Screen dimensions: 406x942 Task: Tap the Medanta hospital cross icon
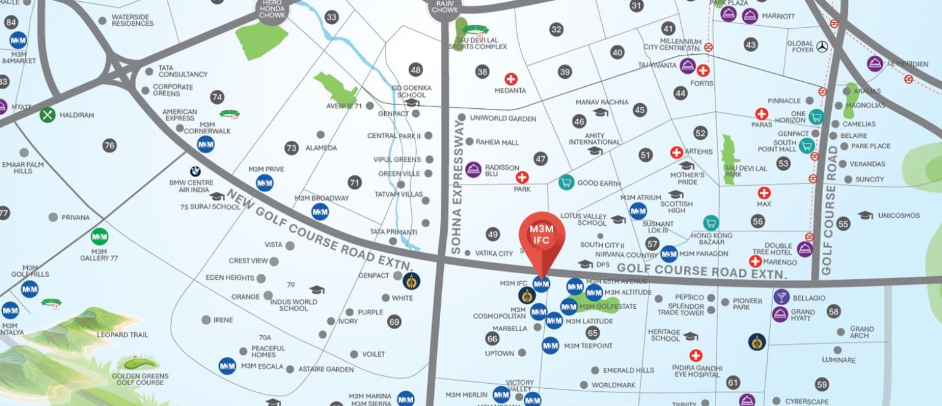click(x=510, y=79)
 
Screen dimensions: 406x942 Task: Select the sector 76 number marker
click(x=110, y=146)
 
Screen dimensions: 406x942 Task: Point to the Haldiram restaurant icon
click(x=47, y=114)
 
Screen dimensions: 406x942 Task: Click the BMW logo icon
click(x=195, y=172)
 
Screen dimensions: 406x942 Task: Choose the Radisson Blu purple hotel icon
click(x=473, y=169)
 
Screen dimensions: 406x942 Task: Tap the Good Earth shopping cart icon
click(x=566, y=182)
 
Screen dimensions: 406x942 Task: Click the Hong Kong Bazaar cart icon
click(x=711, y=223)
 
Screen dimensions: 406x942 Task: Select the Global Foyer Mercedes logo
click(x=822, y=46)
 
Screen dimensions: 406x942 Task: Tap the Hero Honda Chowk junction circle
click(x=272, y=10)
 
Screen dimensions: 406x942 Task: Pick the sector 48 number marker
click(x=416, y=70)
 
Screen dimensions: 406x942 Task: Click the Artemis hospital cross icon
click(x=677, y=153)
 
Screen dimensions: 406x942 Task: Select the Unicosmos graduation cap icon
click(x=865, y=215)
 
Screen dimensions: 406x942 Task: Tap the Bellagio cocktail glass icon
click(x=781, y=297)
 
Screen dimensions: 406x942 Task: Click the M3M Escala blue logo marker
click(x=227, y=366)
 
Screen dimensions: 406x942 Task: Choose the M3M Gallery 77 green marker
click(x=99, y=236)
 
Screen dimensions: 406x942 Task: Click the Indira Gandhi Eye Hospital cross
click(x=696, y=356)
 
